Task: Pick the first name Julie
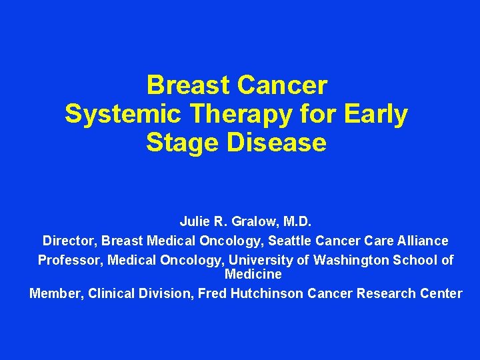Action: point(194,221)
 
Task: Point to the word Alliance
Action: point(422,241)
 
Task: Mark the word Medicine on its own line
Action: point(253,274)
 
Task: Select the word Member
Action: point(53,293)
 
